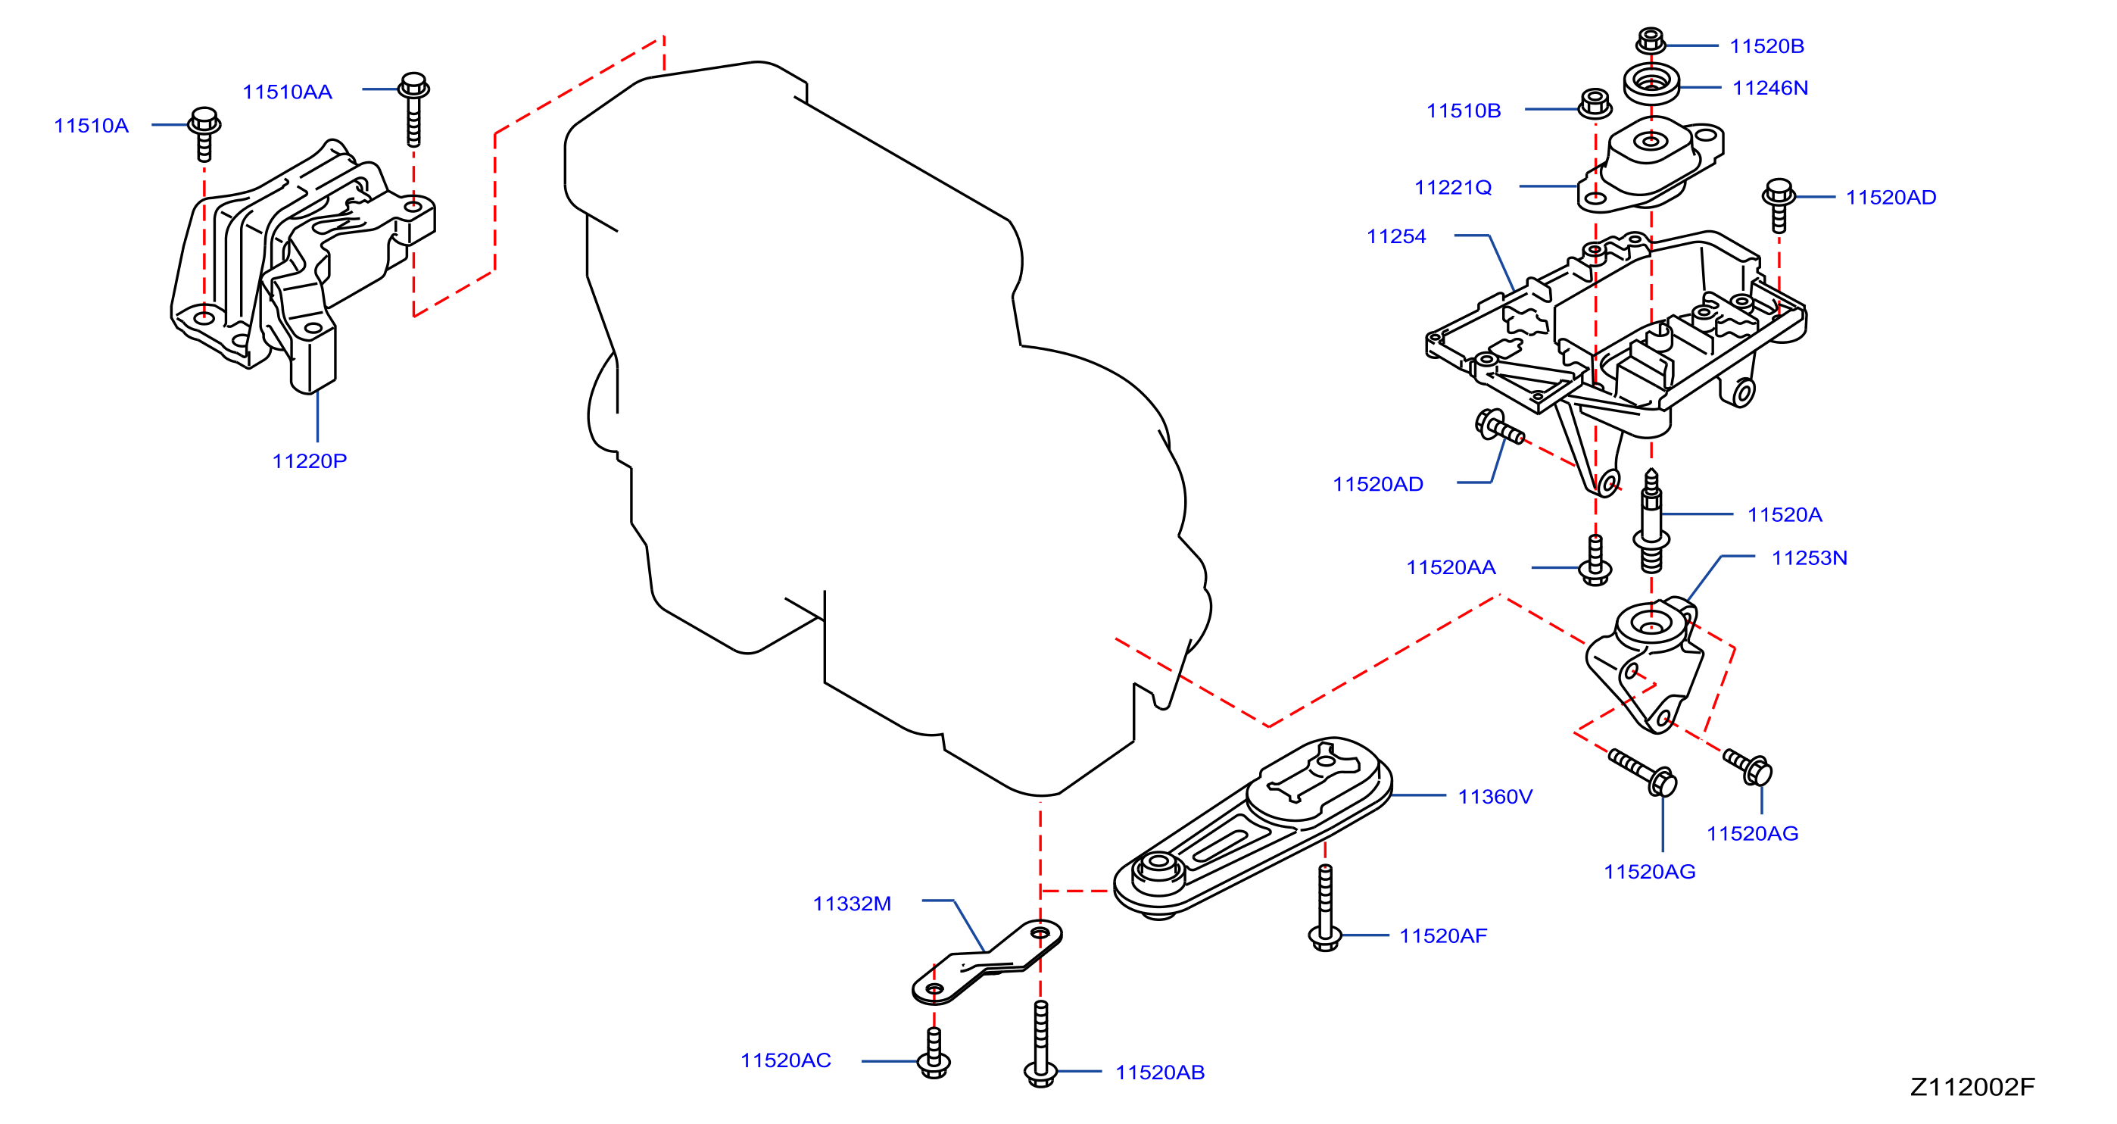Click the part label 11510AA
(287, 92)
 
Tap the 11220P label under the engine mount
(309, 461)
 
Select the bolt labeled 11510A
(204, 133)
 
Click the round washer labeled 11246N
(1651, 83)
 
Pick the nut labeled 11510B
(1595, 104)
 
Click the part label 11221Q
(1452, 188)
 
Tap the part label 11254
(1395, 236)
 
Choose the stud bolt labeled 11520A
(1651, 521)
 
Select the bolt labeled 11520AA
(1595, 560)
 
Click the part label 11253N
(1809, 557)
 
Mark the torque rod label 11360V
(1495, 796)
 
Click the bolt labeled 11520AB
(1040, 1044)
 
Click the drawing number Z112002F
(1972, 1087)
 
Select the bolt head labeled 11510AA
(413, 86)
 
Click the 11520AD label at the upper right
(1891, 198)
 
